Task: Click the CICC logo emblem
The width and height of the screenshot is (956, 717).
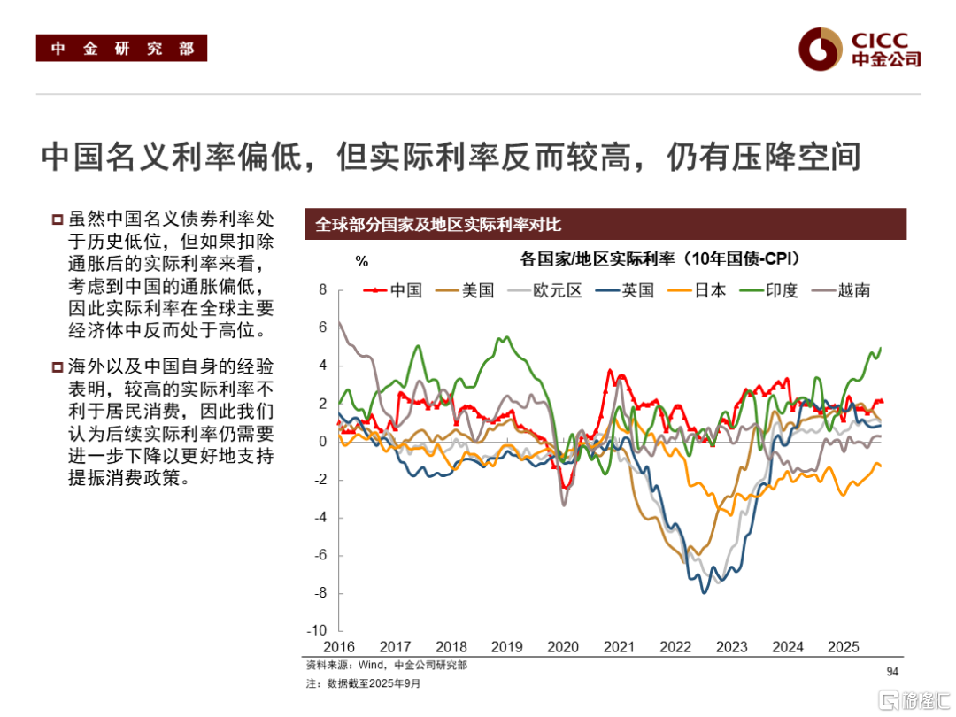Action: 819,49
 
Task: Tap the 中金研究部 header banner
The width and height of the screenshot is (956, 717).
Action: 121,49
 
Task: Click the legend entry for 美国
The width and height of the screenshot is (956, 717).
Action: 469,289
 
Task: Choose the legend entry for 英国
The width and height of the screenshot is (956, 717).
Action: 628,289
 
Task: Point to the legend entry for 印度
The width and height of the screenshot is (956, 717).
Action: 772,289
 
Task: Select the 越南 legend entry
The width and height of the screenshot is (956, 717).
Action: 843,289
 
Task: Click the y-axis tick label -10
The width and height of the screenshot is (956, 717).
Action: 316,631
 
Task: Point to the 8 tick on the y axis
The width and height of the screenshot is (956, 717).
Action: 323,289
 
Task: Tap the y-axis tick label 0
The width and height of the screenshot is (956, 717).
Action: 323,442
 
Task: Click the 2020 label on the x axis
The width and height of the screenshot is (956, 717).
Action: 562,647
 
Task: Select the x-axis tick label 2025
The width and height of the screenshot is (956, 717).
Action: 844,647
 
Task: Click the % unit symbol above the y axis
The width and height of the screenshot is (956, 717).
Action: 361,261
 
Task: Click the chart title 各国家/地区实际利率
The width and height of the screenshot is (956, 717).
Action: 659,258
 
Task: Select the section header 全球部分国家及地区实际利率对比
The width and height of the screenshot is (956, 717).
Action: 439,225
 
